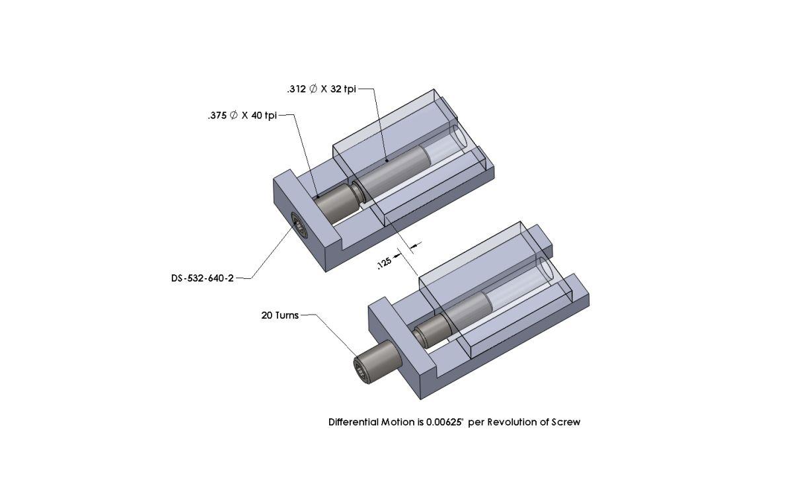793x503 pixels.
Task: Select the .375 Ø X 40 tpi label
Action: (x=241, y=116)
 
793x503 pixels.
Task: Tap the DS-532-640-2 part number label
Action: (x=202, y=278)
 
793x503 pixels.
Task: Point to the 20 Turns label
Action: (x=280, y=315)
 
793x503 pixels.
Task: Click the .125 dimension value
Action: (x=383, y=262)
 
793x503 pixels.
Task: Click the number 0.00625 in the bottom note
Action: (x=445, y=422)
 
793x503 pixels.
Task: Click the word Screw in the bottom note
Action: (x=566, y=422)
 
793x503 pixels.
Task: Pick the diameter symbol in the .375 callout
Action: (x=233, y=116)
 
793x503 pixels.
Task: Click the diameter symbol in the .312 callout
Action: (x=313, y=89)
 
